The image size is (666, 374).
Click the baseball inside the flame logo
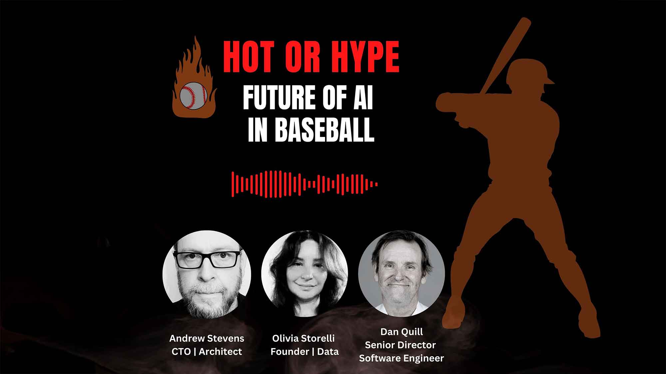(x=193, y=95)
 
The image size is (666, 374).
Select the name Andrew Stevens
(x=207, y=338)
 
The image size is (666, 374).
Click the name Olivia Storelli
(x=303, y=338)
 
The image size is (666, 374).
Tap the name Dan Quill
(x=402, y=332)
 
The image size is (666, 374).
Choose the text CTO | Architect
(x=207, y=352)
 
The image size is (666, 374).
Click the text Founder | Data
(x=304, y=352)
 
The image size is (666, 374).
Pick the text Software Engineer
(x=402, y=358)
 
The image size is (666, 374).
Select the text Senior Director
(x=400, y=345)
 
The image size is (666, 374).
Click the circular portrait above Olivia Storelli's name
(x=305, y=273)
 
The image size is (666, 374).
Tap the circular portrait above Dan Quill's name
(x=402, y=273)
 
